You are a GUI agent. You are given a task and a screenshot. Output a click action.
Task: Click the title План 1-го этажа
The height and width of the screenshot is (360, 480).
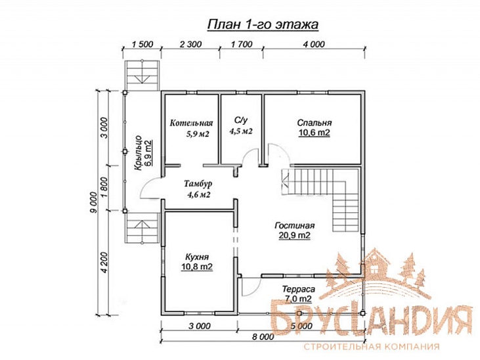(263, 24)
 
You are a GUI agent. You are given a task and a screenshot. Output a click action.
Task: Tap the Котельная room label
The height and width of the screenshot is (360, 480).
(191, 123)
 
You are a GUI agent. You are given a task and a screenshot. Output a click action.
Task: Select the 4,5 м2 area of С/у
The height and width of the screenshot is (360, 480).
(241, 131)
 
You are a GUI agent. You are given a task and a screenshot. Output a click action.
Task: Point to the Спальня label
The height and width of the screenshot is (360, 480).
(315, 123)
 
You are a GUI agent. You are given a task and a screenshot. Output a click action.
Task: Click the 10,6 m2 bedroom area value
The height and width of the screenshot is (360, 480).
(315, 133)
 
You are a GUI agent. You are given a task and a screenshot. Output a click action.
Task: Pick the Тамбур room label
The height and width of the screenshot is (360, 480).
(198, 184)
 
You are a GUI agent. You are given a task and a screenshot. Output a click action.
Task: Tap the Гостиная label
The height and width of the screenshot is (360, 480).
(294, 225)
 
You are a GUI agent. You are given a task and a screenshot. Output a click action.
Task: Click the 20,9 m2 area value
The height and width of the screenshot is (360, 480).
(294, 235)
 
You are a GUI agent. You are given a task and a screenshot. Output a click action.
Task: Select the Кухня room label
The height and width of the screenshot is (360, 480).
(197, 257)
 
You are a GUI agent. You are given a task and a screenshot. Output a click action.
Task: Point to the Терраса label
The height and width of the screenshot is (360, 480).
(299, 289)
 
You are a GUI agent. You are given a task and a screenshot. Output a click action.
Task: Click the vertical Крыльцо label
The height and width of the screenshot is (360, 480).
(139, 152)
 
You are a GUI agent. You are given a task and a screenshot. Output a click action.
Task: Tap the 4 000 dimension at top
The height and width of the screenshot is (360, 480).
(314, 45)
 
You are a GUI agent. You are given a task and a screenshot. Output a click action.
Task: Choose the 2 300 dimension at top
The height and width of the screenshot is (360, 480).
(190, 45)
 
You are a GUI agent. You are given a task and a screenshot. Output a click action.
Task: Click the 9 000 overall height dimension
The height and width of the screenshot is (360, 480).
(94, 202)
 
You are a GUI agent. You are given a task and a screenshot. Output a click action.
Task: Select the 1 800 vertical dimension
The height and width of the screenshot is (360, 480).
(104, 187)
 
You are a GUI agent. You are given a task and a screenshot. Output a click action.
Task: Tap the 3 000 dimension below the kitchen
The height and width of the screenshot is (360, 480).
(199, 326)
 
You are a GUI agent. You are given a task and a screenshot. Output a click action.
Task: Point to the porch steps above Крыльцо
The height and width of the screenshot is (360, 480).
(142, 76)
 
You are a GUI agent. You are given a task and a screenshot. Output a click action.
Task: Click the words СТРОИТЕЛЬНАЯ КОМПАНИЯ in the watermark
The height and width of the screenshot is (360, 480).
(371, 346)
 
